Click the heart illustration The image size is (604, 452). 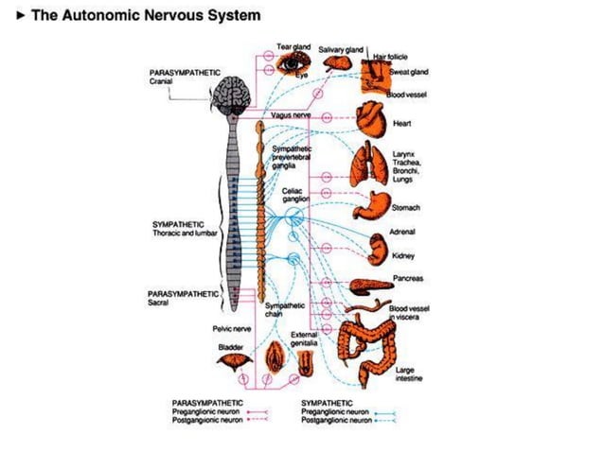coord(369,119)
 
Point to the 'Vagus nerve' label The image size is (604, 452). coord(291,114)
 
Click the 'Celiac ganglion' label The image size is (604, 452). coord(297,195)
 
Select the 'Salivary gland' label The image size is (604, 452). coord(341,48)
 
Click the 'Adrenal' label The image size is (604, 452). coord(402,231)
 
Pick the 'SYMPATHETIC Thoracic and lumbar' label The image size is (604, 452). coord(183,229)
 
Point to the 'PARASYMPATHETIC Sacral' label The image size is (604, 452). coord(179,298)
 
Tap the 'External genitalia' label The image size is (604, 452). coord(303,339)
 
